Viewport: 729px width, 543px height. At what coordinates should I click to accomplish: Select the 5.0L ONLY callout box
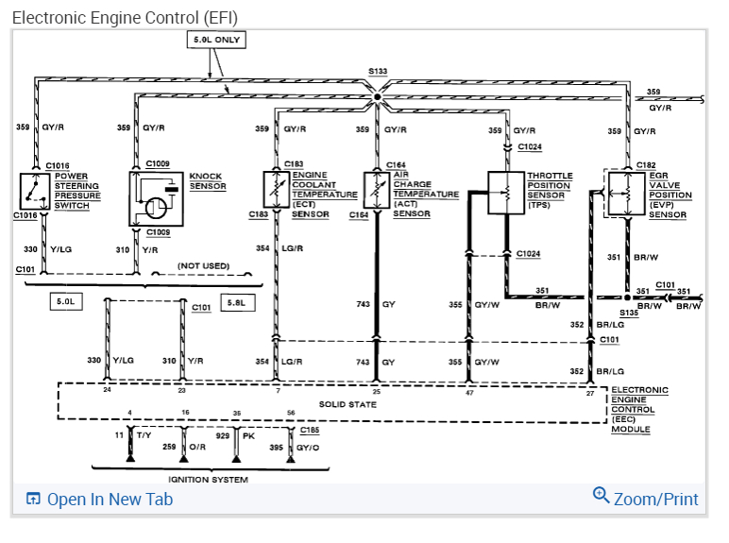tap(216, 41)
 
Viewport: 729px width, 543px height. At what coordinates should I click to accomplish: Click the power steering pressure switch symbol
tap(34, 192)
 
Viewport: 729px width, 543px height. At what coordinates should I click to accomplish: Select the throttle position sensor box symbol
tap(505, 193)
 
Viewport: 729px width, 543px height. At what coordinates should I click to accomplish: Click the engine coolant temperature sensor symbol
tap(276, 189)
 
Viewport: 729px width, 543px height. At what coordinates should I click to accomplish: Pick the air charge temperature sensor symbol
tap(377, 189)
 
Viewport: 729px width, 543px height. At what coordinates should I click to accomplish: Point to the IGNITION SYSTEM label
tap(208, 480)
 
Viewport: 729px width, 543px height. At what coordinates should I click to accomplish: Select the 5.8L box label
tap(233, 302)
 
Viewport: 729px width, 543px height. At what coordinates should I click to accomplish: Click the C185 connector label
tap(309, 429)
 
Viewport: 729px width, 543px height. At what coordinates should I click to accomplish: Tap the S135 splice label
tap(629, 313)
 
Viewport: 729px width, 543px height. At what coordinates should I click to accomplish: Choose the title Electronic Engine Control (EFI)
tap(125, 17)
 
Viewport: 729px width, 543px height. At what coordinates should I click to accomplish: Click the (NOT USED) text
tap(203, 265)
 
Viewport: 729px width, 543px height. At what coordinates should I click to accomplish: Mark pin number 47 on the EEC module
tap(468, 390)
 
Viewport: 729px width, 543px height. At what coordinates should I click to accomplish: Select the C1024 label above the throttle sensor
tap(530, 147)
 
